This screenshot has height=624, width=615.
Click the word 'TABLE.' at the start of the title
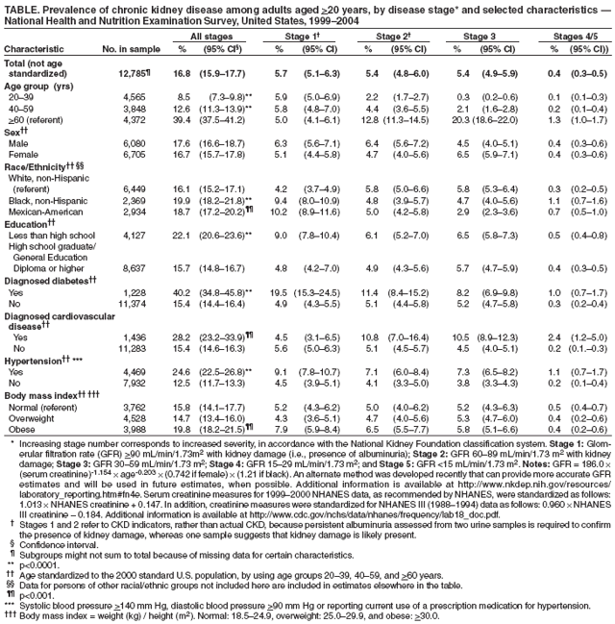pyautogui.click(x=22, y=7)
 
